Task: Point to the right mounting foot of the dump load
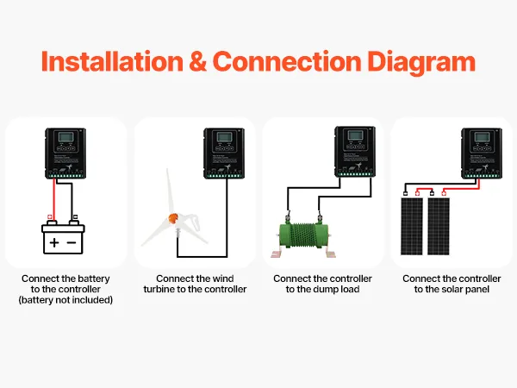pyautogui.click(x=333, y=255)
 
